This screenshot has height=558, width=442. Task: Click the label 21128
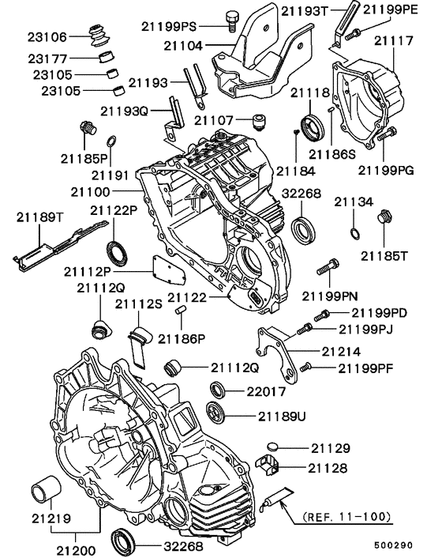[x=328, y=469]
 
